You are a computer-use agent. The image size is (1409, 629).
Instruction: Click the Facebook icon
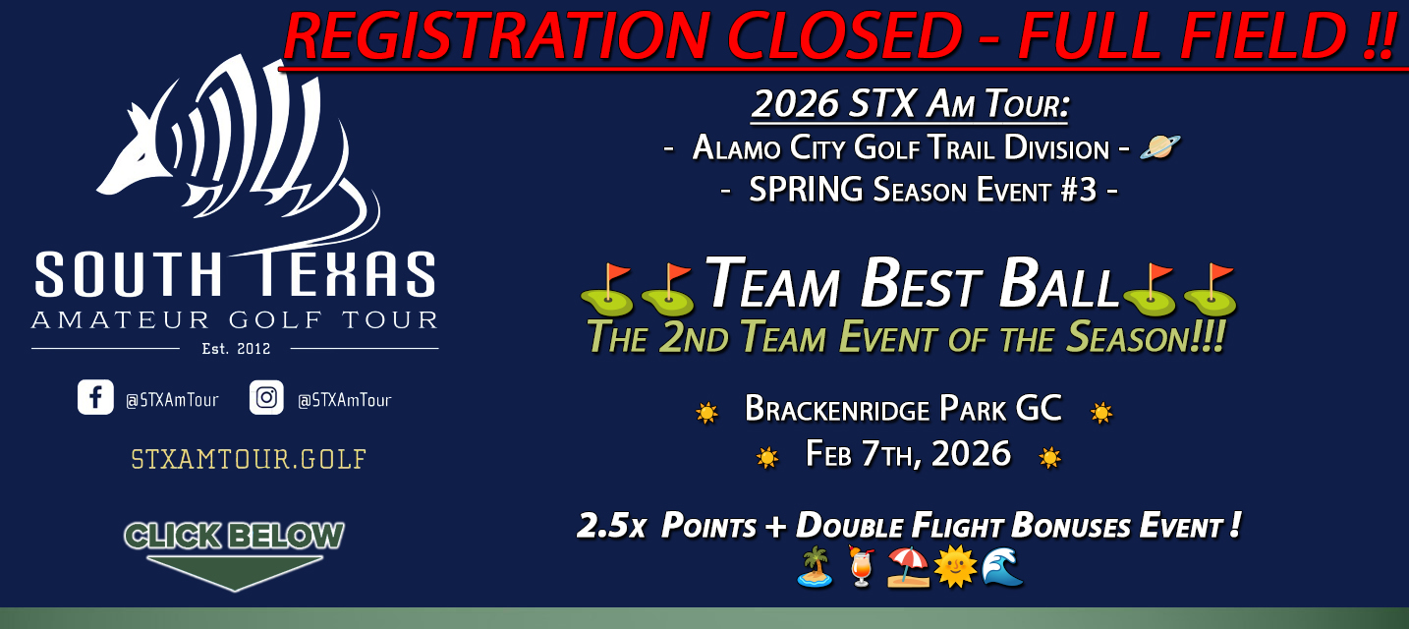tap(95, 398)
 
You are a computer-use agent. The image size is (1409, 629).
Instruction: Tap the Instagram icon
tap(266, 398)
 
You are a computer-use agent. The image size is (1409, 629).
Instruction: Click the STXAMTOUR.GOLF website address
tap(248, 459)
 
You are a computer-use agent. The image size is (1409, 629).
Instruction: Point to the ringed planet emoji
tap(1159, 147)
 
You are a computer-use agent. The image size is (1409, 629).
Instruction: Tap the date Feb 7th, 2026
tap(908, 453)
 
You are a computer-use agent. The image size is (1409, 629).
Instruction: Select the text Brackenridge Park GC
tap(903, 408)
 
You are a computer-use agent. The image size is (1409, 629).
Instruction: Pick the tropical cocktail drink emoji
tap(860, 567)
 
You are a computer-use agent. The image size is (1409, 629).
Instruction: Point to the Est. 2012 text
tap(235, 348)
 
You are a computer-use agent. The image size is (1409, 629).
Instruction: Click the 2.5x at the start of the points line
tap(610, 527)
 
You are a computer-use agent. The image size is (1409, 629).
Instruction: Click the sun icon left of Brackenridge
tap(706, 413)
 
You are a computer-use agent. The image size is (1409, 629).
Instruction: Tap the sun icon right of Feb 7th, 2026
tap(1049, 457)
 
